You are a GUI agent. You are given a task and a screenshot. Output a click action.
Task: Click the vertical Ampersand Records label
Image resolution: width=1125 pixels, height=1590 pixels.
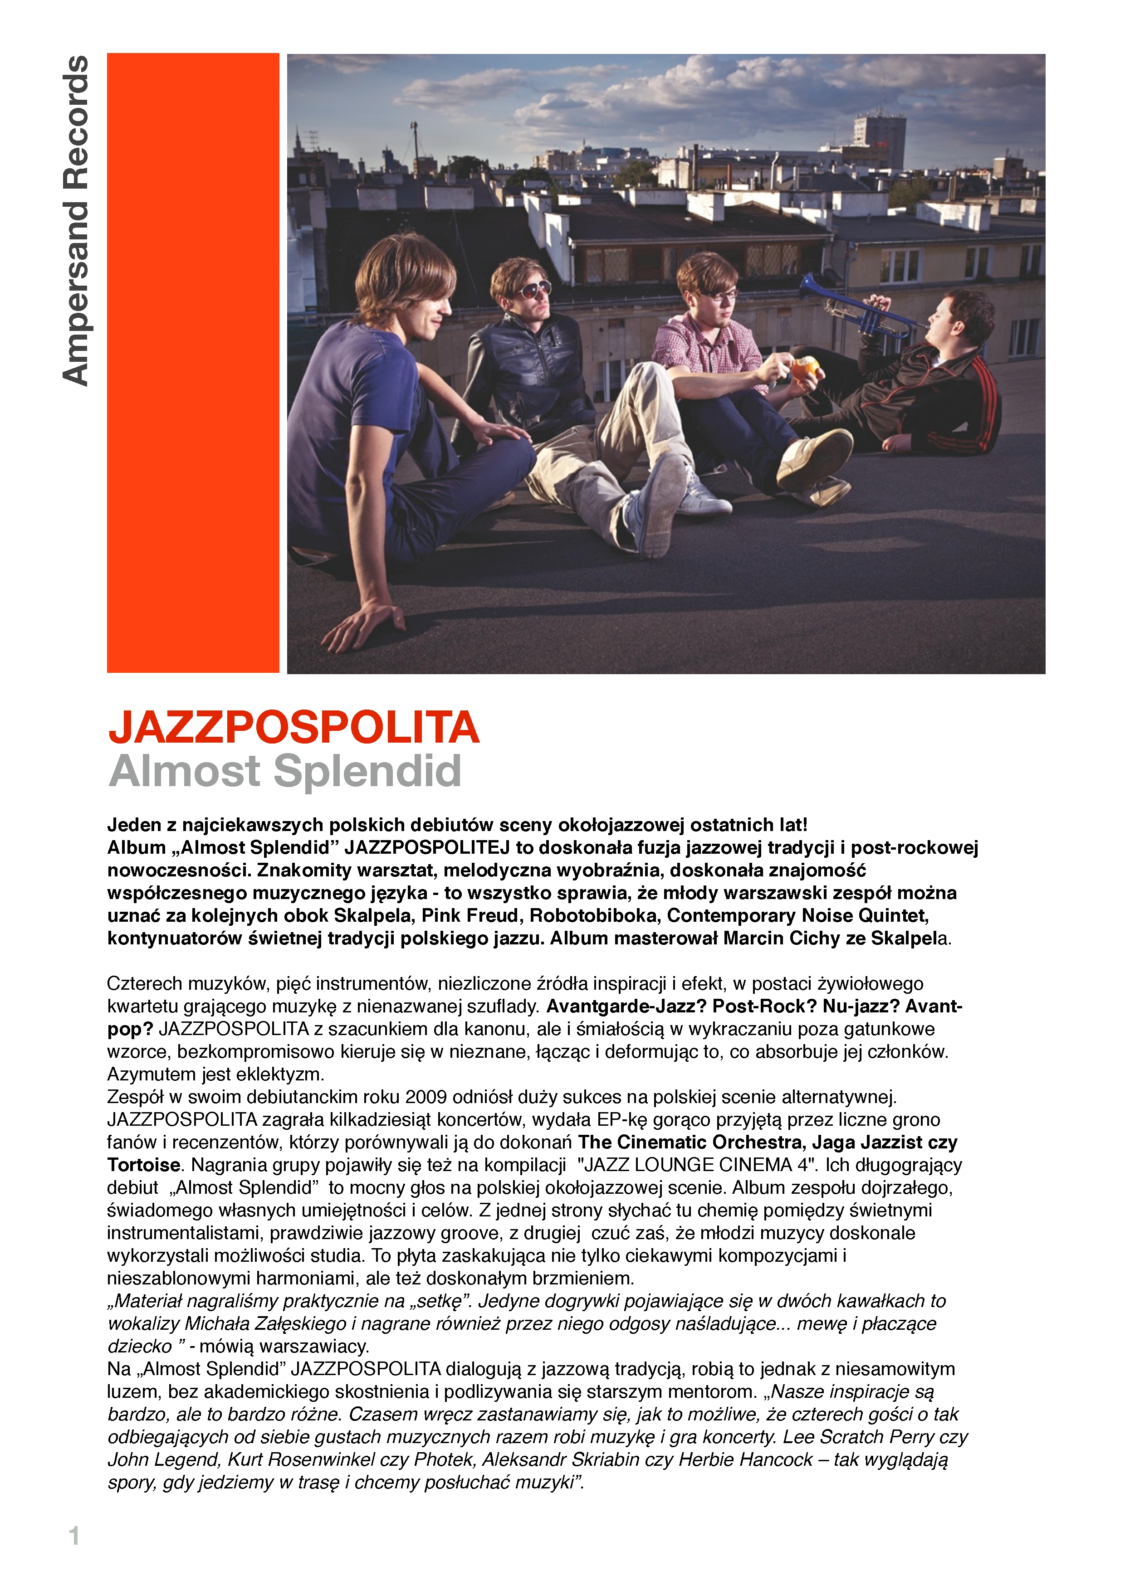pyautogui.click(x=75, y=220)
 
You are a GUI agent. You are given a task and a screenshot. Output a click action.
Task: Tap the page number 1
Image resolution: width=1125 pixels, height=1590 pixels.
pyautogui.click(x=74, y=1535)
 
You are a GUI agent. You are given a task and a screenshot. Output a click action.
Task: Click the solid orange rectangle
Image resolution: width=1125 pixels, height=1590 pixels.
pyautogui.click(x=193, y=362)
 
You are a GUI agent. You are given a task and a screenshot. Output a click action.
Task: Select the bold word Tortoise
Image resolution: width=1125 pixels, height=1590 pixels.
pyautogui.click(x=143, y=1165)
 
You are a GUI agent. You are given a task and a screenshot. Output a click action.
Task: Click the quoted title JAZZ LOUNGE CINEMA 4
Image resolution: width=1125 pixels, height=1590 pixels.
pyautogui.click(x=698, y=1165)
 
